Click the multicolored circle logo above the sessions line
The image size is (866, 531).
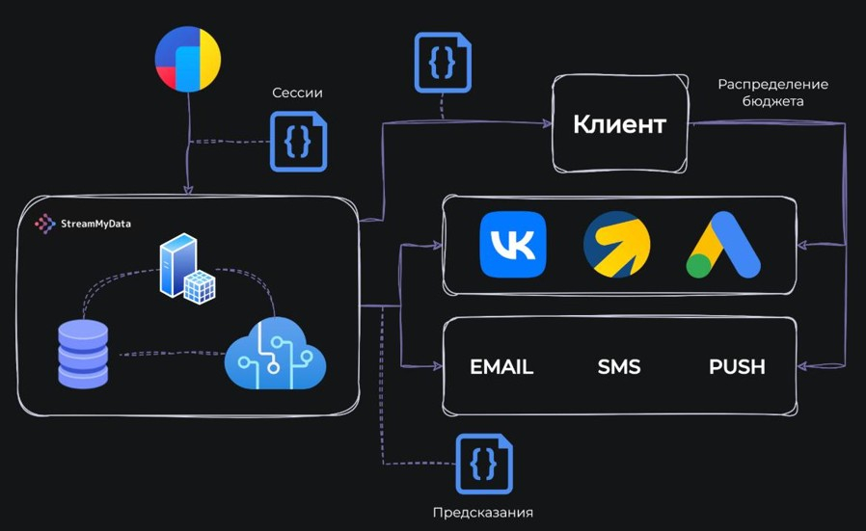[188, 60]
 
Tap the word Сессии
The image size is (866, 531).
[297, 93]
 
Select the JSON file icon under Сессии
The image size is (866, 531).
[298, 142]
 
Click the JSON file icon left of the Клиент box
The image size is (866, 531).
[443, 63]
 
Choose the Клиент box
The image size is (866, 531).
[619, 124]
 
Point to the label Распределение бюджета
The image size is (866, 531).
[772, 93]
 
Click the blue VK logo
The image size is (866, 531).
[513, 245]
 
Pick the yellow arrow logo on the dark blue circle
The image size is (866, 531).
[617, 245]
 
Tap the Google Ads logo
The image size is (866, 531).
[723, 247]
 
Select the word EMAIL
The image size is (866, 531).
[501, 367]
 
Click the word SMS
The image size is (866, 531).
[619, 367]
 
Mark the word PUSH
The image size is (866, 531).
[737, 367]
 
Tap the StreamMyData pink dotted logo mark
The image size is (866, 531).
[44, 224]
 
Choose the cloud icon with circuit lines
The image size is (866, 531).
[276, 354]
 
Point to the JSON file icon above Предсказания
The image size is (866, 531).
[484, 465]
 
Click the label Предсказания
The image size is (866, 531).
[483, 512]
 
